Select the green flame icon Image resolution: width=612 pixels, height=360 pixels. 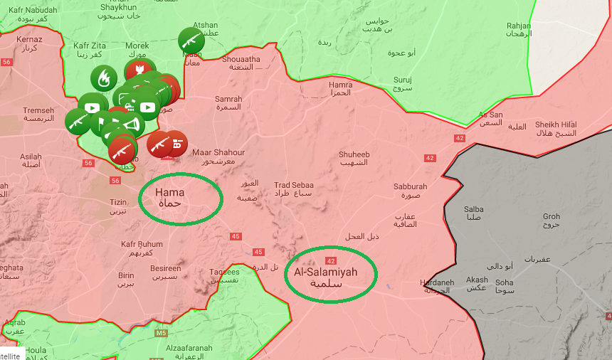104,78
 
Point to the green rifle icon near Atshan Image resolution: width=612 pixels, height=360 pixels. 191,40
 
